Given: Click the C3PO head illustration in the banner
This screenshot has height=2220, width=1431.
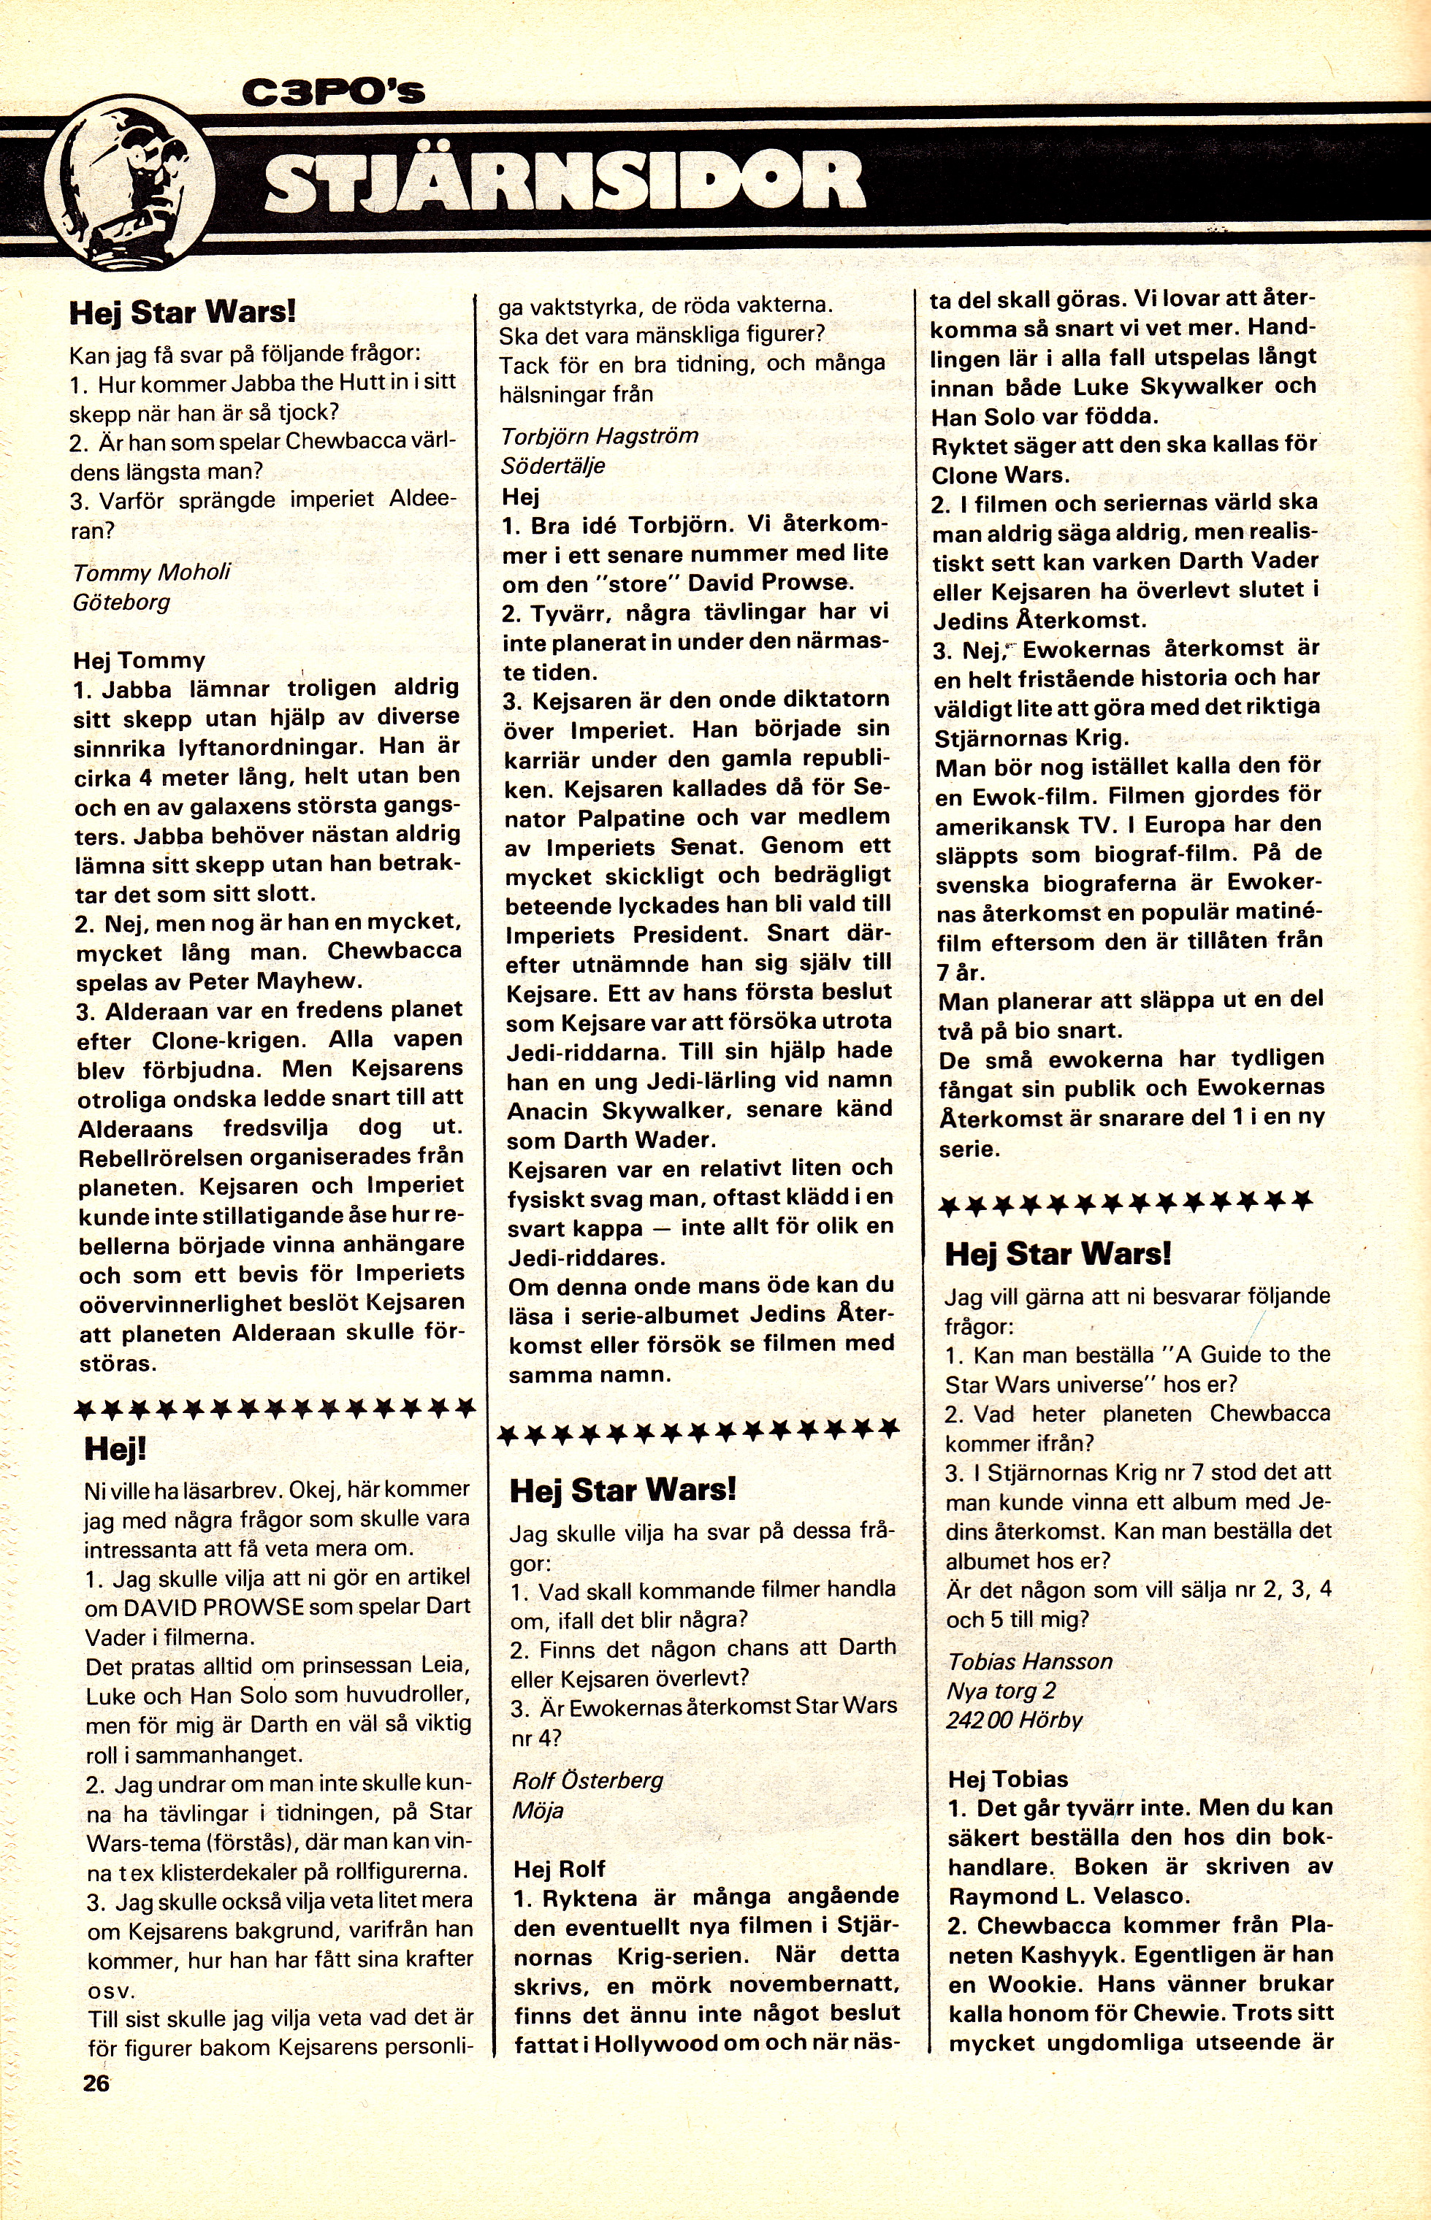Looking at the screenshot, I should pyautogui.click(x=130, y=185).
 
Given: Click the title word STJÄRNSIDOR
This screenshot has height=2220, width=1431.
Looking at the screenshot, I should pyautogui.click(x=565, y=182).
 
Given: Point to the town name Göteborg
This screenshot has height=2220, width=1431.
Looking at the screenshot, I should pyautogui.click(x=122, y=602).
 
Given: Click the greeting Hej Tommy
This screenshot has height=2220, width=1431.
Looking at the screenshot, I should pyautogui.click(x=140, y=660).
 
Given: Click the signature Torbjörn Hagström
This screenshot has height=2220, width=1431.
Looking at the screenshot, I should pyautogui.click(x=599, y=436).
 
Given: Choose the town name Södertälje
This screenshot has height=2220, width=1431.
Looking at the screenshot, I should pyautogui.click(x=553, y=465).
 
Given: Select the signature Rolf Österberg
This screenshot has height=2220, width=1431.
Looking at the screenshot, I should pyautogui.click(x=587, y=1780).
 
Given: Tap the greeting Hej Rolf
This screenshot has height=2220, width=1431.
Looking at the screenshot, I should pyautogui.click(x=560, y=1869).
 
